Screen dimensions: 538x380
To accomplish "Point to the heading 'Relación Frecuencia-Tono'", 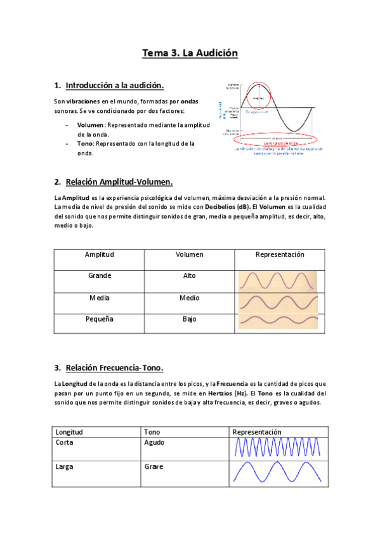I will [114, 367].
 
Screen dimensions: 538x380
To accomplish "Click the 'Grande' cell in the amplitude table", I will [100, 276].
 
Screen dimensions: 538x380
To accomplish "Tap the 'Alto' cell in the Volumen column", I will [189, 276].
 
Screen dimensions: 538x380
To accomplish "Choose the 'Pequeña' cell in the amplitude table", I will [100, 319].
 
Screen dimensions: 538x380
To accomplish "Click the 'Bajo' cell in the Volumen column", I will [189, 319].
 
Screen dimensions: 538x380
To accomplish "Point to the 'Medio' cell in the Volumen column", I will [189, 298].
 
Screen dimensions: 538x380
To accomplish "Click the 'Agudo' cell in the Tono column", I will [154, 442].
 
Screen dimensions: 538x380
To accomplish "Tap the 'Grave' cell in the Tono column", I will [154, 466].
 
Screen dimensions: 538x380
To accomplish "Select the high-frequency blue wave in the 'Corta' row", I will [278, 448].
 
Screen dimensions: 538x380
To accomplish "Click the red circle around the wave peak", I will [258, 95].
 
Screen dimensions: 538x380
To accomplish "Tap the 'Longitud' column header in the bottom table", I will [69, 432].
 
